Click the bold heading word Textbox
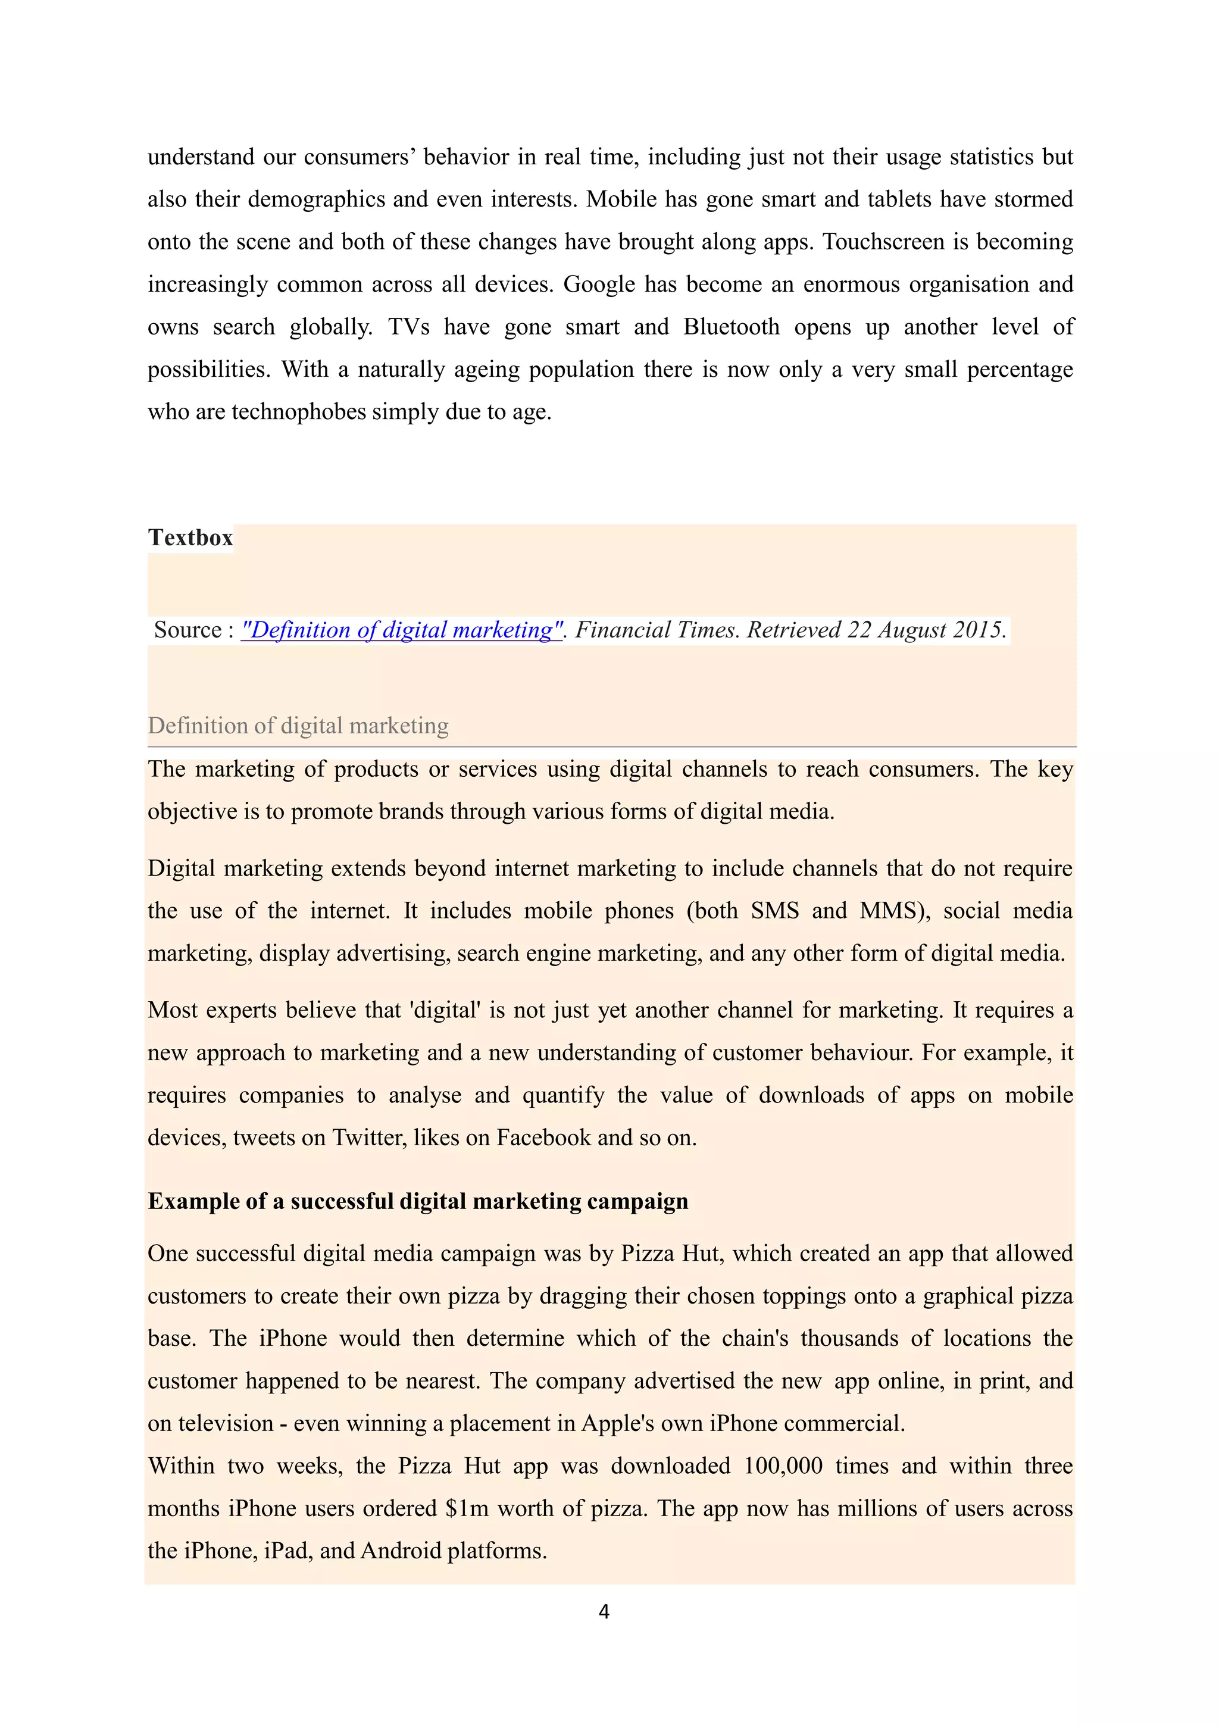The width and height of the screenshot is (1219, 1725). click(x=190, y=538)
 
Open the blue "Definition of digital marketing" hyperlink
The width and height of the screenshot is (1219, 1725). click(x=401, y=630)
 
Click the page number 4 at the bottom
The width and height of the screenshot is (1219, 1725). click(x=604, y=1611)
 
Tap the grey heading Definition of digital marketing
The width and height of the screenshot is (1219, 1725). click(x=298, y=726)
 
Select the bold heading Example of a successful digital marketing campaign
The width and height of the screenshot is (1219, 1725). click(x=418, y=1201)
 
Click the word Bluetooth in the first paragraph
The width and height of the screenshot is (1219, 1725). click(x=731, y=327)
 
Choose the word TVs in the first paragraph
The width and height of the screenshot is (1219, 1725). click(x=408, y=327)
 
